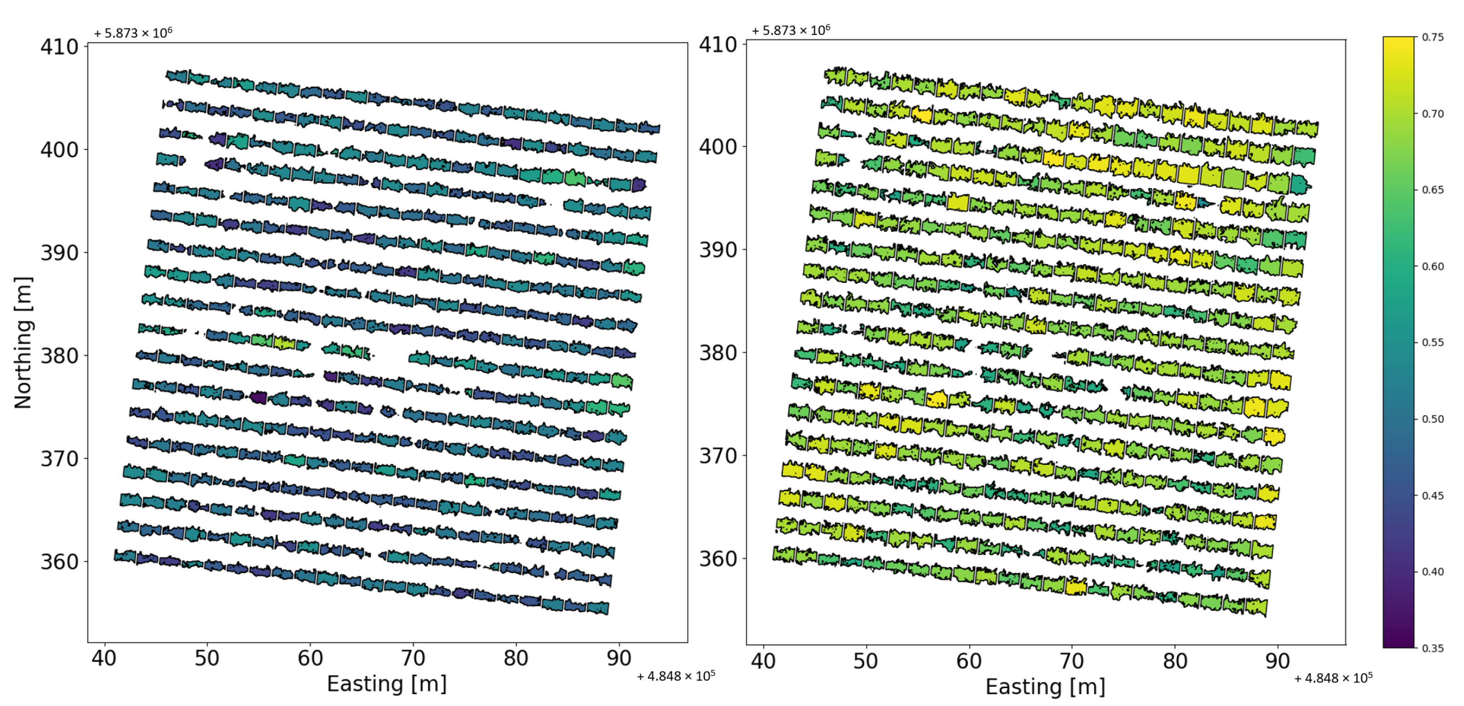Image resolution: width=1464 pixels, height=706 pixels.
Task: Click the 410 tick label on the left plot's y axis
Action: coord(59,46)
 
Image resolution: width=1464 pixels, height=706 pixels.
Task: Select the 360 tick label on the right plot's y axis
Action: coord(718,559)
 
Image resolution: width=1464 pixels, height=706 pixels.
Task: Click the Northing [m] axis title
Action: coord(23,343)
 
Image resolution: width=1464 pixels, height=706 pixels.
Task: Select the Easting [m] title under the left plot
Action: coord(387,684)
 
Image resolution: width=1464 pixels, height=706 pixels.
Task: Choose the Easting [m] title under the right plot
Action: coord(1045,687)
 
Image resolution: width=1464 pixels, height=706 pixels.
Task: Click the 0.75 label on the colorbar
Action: coord(1433,38)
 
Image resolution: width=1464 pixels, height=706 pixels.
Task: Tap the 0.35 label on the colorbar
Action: coord(1433,648)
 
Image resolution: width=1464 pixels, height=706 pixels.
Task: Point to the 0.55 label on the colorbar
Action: coord(1433,343)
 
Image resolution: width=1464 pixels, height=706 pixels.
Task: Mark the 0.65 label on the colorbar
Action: coord(1433,189)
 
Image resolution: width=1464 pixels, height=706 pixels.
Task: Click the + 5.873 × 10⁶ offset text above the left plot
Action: coord(133,33)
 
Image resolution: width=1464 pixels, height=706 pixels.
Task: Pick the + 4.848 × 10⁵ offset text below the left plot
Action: coord(676,676)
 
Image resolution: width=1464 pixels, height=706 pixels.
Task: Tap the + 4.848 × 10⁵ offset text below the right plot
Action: coord(1333,678)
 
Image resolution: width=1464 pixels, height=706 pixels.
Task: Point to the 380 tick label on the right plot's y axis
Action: coord(718,353)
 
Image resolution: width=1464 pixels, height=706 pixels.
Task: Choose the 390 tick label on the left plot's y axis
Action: coord(59,253)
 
